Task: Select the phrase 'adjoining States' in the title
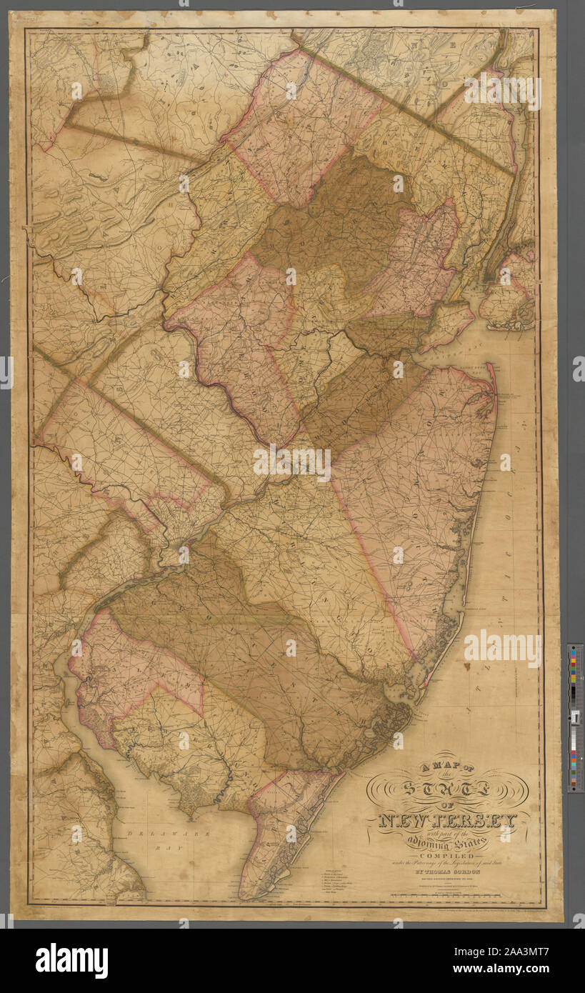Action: click(x=451, y=844)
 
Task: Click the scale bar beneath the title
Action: click(x=457, y=896)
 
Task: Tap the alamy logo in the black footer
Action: click(x=71, y=961)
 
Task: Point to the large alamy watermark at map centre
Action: click(x=292, y=463)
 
